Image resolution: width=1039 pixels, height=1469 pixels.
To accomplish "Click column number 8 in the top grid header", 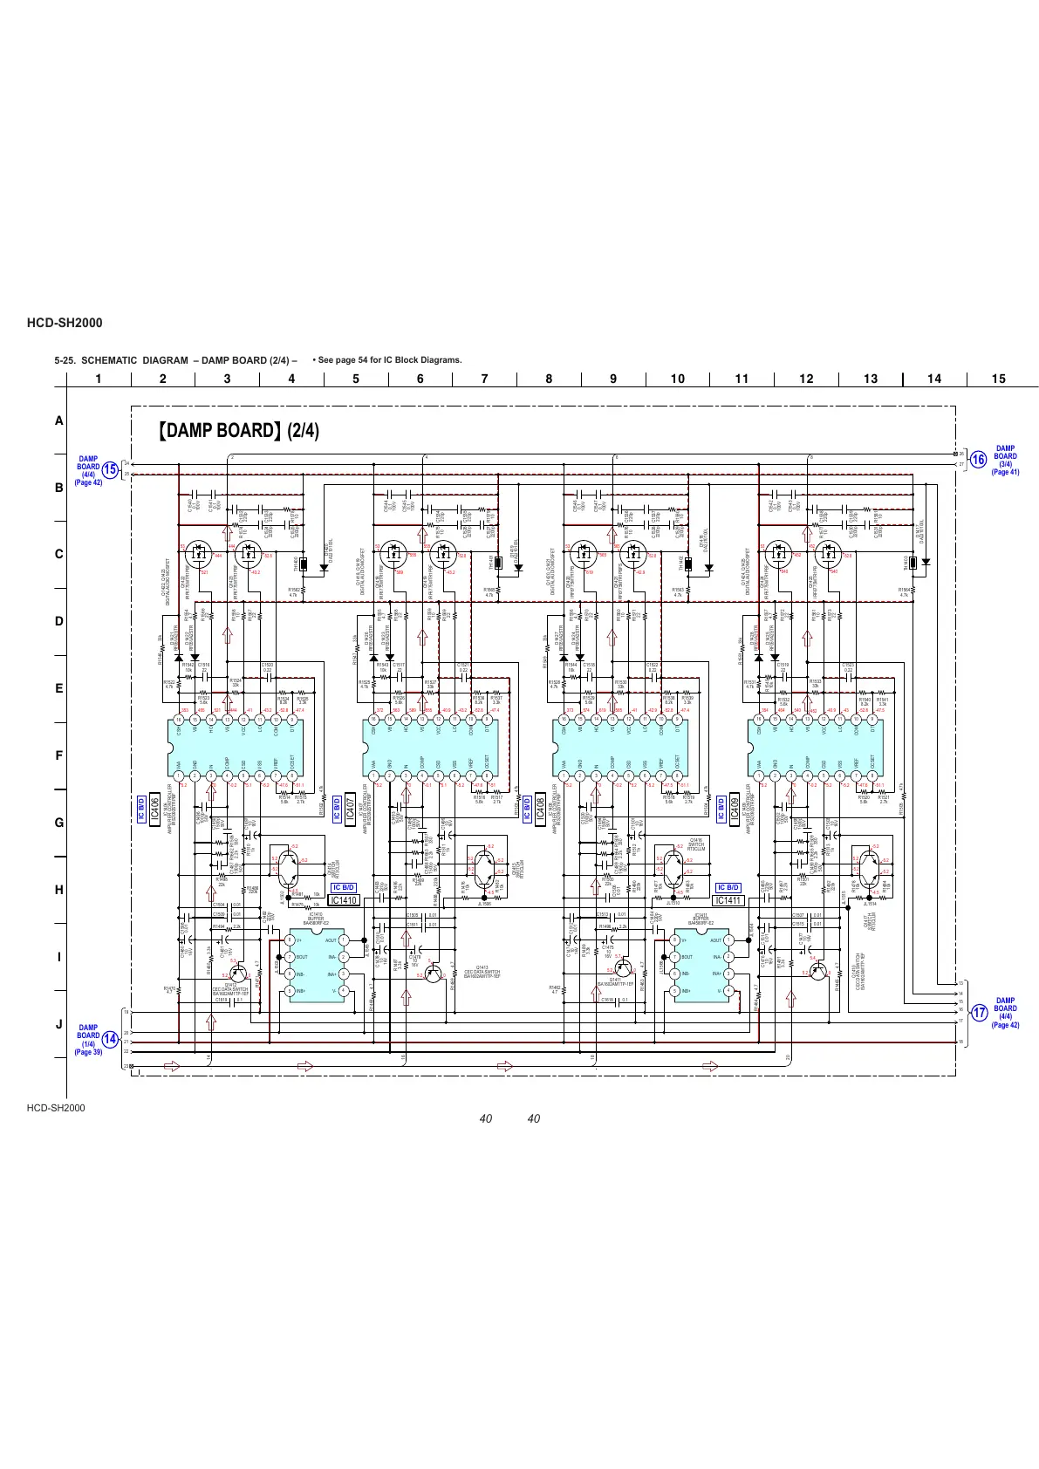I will click(549, 379).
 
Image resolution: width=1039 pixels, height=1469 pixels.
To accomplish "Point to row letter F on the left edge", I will click(59, 755).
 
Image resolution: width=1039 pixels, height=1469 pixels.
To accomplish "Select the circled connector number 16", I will click(978, 459).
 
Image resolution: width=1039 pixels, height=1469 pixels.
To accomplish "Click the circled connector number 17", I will click(980, 1013).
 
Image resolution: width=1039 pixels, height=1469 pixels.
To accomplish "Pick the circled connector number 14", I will click(110, 1039).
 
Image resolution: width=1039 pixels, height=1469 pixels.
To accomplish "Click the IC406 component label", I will click(155, 809).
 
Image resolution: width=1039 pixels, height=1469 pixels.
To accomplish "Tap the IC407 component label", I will click(350, 809).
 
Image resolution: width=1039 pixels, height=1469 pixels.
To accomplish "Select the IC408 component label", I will click(540, 809).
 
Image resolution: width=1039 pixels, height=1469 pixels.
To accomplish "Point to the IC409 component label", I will click(735, 809).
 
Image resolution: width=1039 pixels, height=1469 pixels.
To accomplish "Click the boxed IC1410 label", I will click(345, 900).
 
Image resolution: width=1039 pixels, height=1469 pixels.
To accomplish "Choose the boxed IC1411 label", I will click(728, 900).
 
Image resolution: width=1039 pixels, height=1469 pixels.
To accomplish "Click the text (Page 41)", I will click(1005, 472).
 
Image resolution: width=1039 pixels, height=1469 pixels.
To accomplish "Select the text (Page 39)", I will click(88, 1052).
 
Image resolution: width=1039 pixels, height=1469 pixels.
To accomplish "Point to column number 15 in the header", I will click(999, 379).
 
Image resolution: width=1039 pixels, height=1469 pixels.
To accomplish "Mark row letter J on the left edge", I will click(59, 1024).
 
